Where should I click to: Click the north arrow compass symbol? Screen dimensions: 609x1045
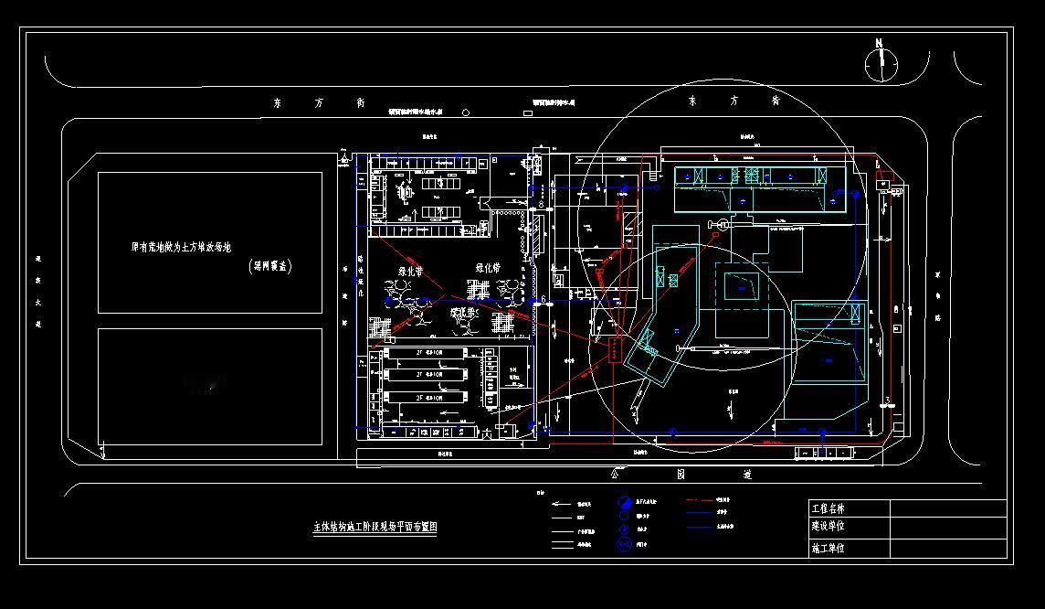tap(881, 63)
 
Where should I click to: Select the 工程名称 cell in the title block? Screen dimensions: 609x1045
tap(829, 508)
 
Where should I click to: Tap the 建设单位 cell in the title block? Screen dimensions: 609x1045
tap(829, 527)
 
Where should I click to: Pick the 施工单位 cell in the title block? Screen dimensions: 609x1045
tap(829, 549)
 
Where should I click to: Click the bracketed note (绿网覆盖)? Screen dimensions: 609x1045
tap(270, 267)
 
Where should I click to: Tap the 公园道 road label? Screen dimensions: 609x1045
tap(681, 475)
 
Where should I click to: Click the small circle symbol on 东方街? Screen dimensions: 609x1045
tap(466, 113)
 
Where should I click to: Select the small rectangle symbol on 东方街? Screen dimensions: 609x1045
tap(527, 113)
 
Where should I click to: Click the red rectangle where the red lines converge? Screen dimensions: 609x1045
tap(613, 350)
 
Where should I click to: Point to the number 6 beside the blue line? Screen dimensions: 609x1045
tap(544, 299)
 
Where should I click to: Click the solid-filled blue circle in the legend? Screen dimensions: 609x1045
tap(625, 502)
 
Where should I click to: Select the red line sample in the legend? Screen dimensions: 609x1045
tap(698, 500)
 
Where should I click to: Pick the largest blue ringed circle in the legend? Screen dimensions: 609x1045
tap(625, 545)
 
